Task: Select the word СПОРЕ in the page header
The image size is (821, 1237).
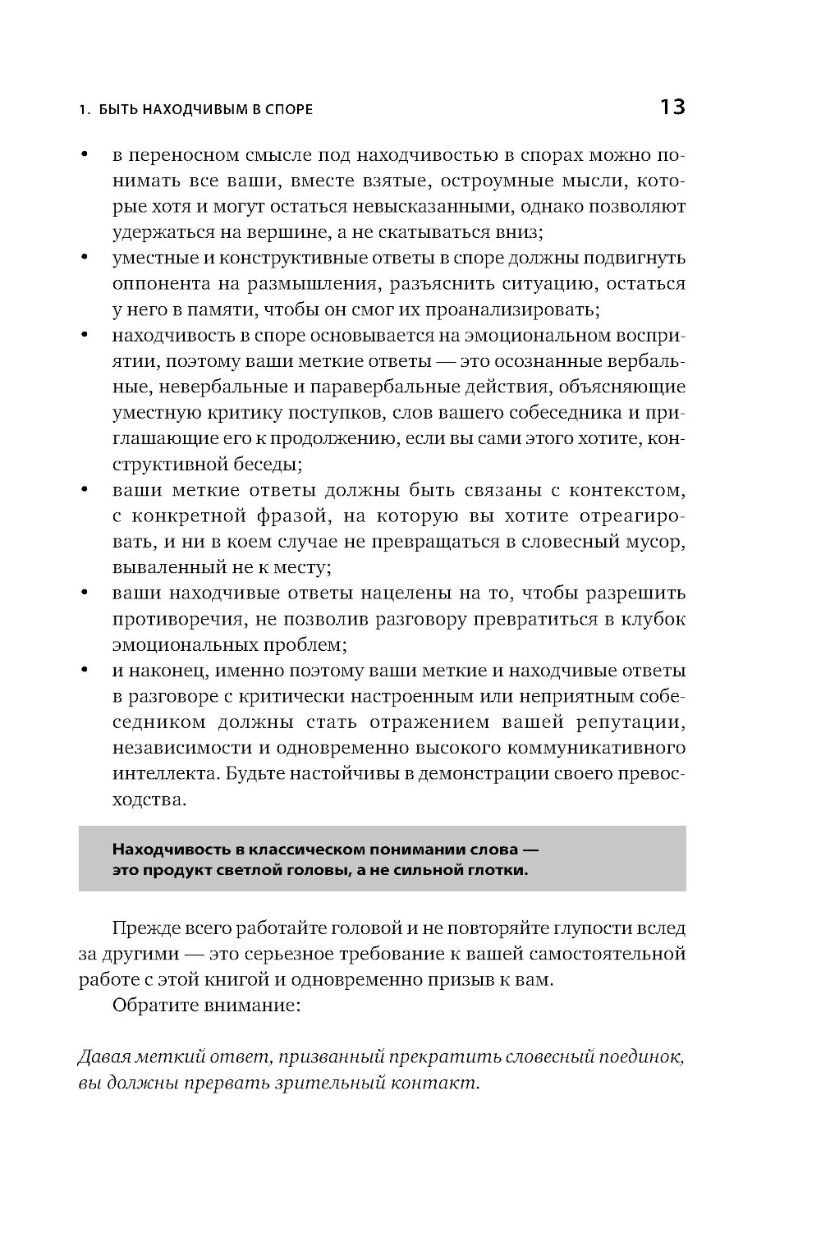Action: point(287,109)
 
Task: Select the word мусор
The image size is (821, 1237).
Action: point(654,542)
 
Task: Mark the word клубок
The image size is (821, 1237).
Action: point(654,619)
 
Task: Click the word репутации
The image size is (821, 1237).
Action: point(631,722)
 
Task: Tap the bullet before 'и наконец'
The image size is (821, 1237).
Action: point(84,670)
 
